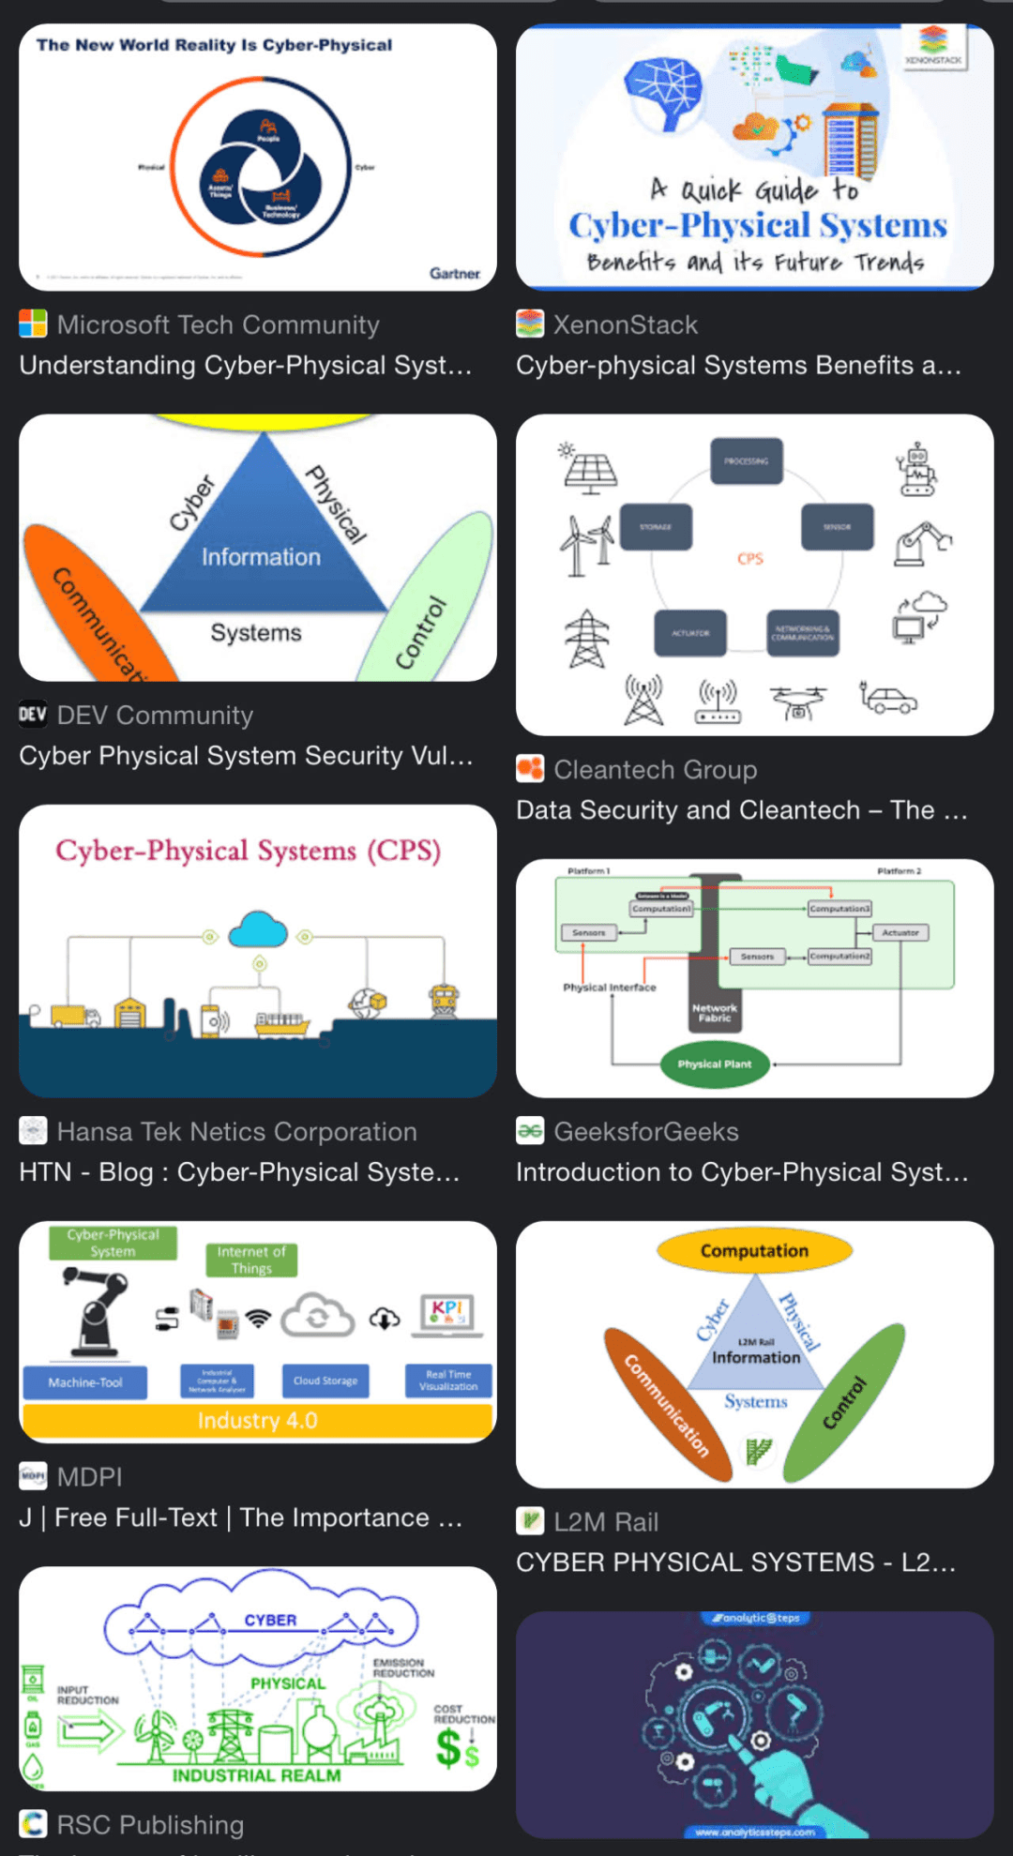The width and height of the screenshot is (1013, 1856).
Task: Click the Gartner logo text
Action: (x=455, y=273)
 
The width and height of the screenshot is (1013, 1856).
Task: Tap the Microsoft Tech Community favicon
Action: (x=33, y=324)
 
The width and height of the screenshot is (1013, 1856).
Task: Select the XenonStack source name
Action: (x=625, y=324)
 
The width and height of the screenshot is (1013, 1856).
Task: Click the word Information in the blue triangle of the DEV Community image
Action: (x=261, y=557)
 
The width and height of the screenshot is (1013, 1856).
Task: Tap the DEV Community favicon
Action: (x=33, y=715)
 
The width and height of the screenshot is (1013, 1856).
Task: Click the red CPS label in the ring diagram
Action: (x=750, y=559)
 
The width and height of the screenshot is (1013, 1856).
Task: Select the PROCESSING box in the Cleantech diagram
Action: (x=746, y=460)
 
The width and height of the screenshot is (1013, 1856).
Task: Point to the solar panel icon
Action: (x=589, y=469)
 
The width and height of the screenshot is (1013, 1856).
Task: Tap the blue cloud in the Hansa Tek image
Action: (x=258, y=928)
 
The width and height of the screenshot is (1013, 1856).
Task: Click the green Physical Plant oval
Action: (x=715, y=1064)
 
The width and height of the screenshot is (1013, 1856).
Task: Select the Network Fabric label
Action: (x=715, y=1013)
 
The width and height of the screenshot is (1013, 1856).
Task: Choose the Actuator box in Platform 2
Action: (x=900, y=932)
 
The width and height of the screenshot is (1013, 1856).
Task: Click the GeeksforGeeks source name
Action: (x=645, y=1132)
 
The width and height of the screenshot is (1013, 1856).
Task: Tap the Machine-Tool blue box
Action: (x=85, y=1382)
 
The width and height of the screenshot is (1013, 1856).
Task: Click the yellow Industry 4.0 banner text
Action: (x=257, y=1421)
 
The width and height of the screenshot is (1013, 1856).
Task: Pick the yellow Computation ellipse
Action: (x=754, y=1251)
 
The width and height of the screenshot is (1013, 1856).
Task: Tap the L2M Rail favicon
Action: (x=530, y=1521)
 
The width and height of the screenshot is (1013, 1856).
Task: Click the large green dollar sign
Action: (x=449, y=1747)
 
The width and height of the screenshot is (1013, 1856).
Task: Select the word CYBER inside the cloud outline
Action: (x=270, y=1621)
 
